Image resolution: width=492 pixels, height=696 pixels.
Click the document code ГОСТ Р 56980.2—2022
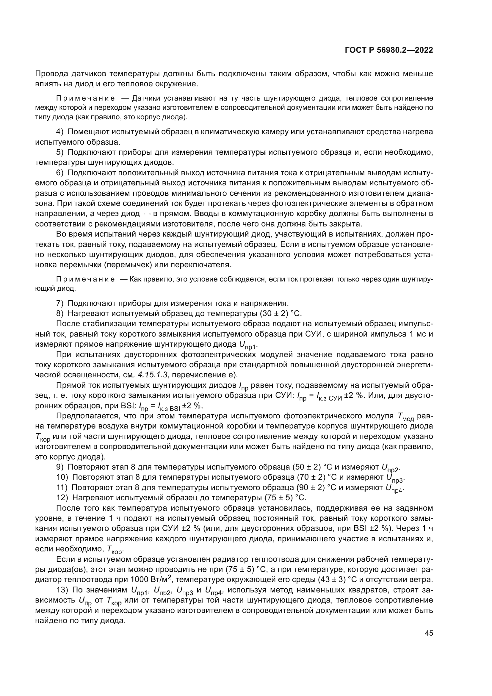click(x=389, y=50)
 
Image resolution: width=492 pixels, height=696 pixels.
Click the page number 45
click(x=429, y=633)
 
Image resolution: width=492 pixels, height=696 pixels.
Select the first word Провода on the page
click(x=51, y=74)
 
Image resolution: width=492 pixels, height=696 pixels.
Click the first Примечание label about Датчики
click(x=85, y=98)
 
